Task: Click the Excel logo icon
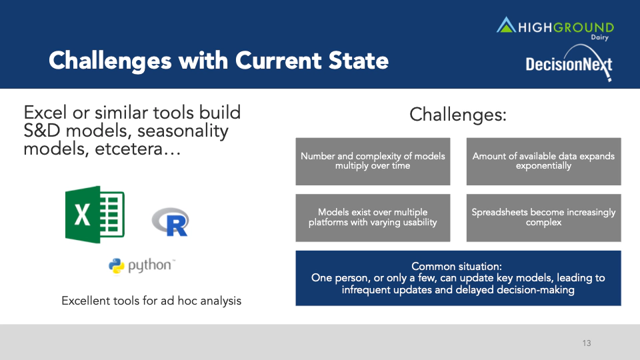(95, 215)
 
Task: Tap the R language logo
(171, 222)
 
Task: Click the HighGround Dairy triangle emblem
(506, 25)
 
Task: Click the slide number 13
(587, 343)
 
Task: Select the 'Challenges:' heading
(458, 114)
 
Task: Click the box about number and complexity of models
(373, 161)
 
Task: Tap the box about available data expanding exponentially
(544, 161)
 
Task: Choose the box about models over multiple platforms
(373, 217)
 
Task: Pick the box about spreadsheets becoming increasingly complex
(544, 217)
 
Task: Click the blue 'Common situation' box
(459, 278)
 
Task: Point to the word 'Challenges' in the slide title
(110, 61)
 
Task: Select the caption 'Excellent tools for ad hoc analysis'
(151, 301)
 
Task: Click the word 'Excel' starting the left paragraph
(45, 113)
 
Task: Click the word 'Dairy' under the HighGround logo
(599, 37)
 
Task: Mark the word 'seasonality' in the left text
(183, 131)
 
